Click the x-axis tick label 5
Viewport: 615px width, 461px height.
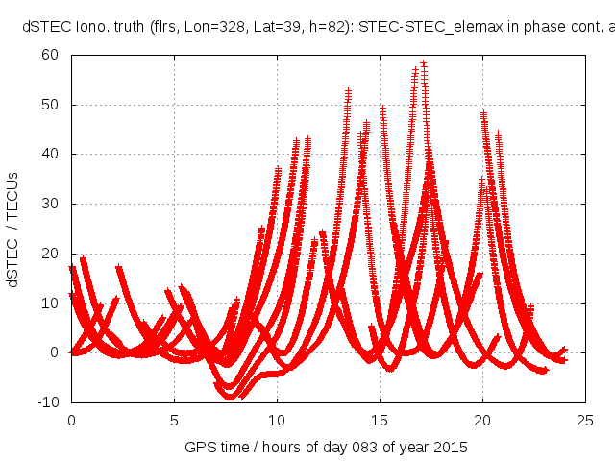tap(174, 420)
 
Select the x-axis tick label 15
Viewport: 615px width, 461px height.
tap(380, 420)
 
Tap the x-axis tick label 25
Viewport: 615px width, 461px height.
tap(585, 420)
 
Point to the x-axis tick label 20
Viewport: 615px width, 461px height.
tap(482, 420)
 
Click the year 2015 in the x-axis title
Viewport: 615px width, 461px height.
tap(452, 448)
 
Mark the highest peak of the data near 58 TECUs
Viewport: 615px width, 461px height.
tap(423, 63)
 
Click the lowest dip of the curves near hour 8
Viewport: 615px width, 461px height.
tap(230, 395)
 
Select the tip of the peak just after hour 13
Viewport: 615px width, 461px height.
tap(348, 91)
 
